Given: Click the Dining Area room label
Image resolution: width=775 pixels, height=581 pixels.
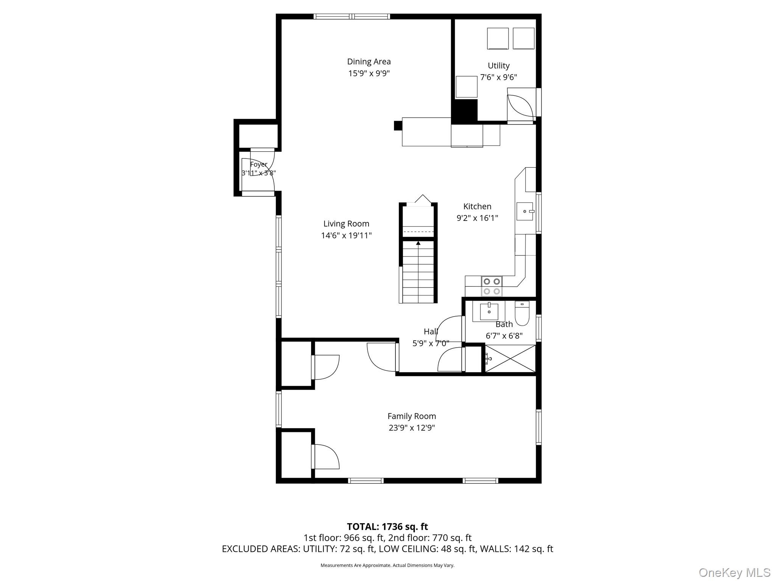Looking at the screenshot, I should pos(369,62).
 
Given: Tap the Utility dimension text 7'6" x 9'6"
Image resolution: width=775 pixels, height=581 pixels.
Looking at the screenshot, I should pos(498,78).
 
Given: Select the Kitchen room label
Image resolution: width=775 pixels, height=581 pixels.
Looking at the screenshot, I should pos(477,207).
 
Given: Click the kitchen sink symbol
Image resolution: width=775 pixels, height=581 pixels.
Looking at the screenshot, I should pos(525,211).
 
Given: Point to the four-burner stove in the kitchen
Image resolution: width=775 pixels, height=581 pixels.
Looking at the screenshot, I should pos(492,286).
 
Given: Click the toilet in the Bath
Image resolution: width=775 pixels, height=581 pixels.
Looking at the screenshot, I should pos(522,314).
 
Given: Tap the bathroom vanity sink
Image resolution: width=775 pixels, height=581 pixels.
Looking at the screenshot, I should pos(489,312).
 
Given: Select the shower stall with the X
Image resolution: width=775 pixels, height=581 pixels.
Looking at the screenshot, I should pos(510,359).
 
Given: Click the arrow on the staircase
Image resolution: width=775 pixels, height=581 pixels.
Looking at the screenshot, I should pos(418,243).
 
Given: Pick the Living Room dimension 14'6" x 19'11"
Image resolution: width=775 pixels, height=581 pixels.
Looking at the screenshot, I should pos(346,236).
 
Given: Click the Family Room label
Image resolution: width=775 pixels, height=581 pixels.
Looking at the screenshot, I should pos(412,416).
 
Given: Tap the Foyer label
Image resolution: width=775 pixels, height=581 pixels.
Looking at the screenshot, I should pos(259,165).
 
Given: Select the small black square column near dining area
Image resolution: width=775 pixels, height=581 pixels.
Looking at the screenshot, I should pos(398,126).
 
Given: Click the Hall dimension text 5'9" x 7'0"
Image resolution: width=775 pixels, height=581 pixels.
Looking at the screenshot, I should pos(431,343).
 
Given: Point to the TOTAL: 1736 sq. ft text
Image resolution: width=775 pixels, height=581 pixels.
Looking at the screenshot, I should pos(387,527).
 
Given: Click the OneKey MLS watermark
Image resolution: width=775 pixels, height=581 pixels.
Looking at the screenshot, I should pos(734,572).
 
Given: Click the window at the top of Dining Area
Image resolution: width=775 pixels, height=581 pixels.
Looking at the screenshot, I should pos(352,16).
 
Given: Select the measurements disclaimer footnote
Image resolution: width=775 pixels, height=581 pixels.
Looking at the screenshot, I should pos(387,565).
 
